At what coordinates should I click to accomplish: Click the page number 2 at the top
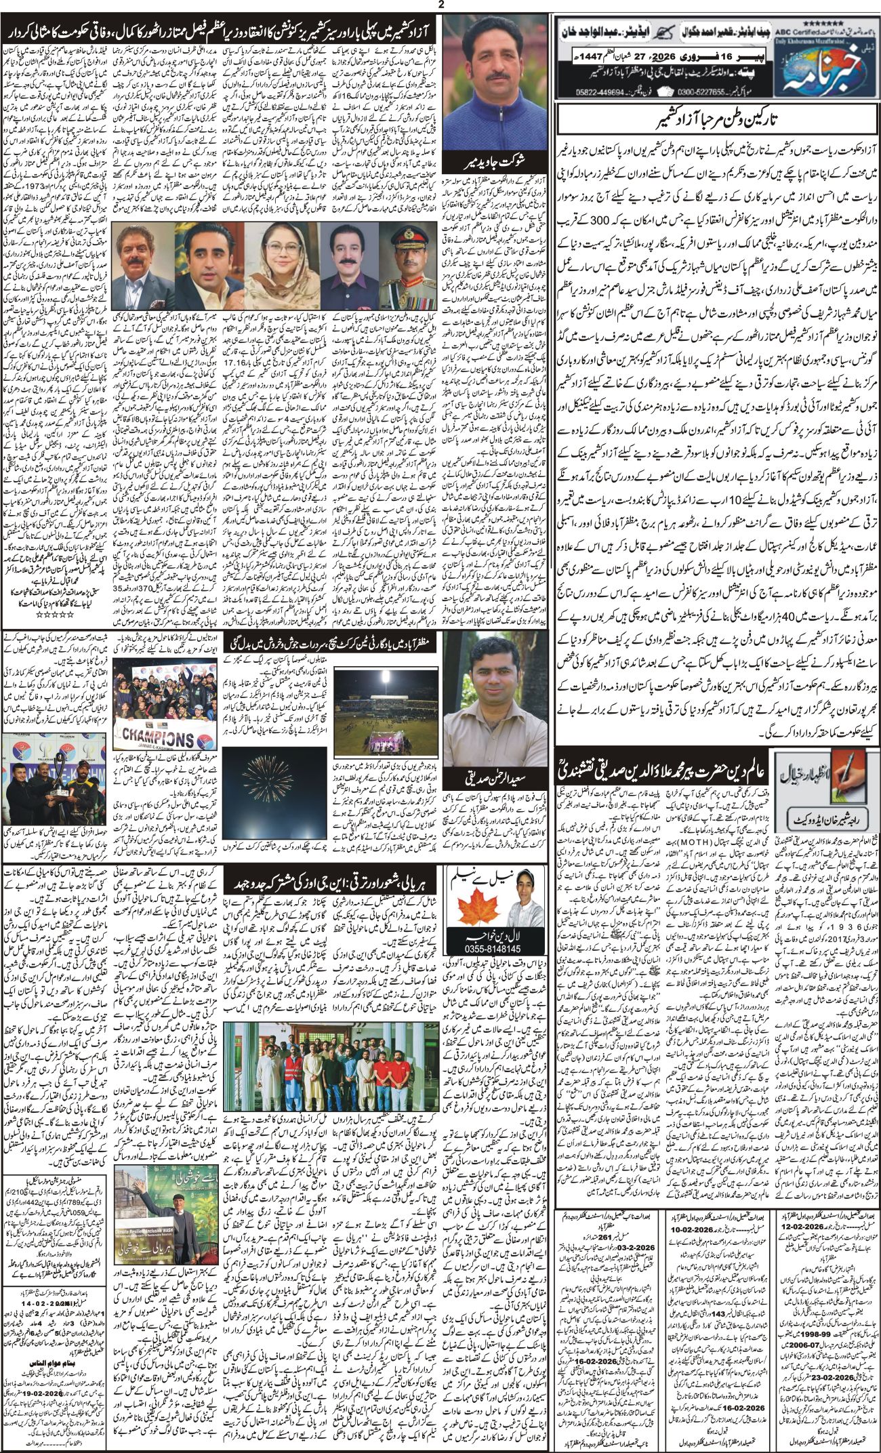point(441,5)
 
